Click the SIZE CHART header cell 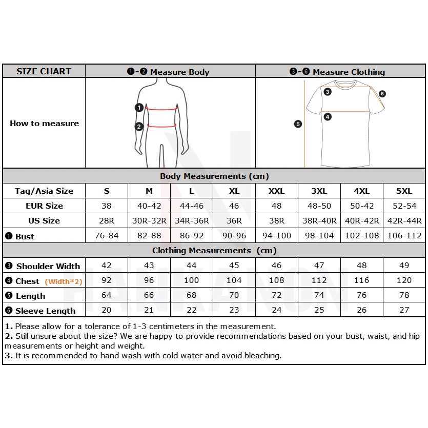tap(44, 71)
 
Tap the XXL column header tap(276, 191)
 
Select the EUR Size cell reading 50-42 tap(361, 206)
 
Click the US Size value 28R tap(107, 220)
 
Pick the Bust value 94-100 tap(276, 236)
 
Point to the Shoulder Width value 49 tap(404, 266)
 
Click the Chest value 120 tap(404, 280)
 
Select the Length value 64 tap(107, 295)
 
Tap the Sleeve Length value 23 tap(234, 310)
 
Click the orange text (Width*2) tap(64, 281)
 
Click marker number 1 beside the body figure tap(138, 108)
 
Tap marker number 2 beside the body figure tap(138, 127)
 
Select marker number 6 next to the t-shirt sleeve tap(382, 94)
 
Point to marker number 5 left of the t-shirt tap(298, 124)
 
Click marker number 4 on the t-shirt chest tap(328, 117)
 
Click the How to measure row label tap(44, 123)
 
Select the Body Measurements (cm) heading tap(214, 176)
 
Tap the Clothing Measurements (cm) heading tap(214, 251)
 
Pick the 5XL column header tap(404, 191)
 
